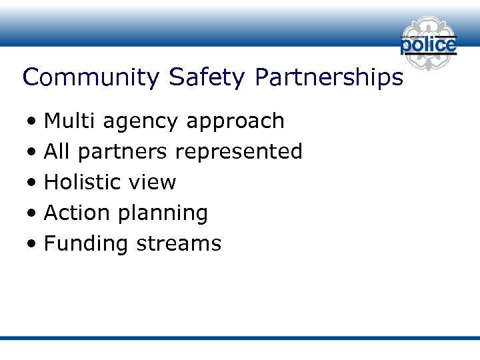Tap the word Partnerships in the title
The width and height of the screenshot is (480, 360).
click(329, 78)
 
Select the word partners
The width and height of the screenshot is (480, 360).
click(122, 153)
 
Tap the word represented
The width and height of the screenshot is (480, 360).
click(238, 153)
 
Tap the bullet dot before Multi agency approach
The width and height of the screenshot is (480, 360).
click(32, 123)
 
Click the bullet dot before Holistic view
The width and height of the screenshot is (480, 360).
click(32, 183)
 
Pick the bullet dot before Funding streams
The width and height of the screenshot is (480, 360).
click(32, 245)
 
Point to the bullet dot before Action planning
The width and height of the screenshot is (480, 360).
click(32, 214)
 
